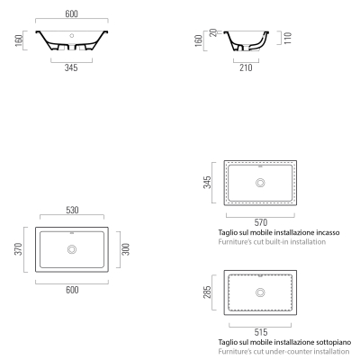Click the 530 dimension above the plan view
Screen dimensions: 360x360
pyautogui.click(x=72, y=210)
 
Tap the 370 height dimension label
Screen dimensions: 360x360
pyautogui.click(x=18, y=249)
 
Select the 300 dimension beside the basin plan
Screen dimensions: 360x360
pyautogui.click(x=126, y=249)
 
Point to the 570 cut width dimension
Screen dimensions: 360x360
pyautogui.click(x=261, y=222)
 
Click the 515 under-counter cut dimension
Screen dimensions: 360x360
pyautogui.click(x=261, y=332)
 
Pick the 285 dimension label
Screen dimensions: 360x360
pyautogui.click(x=207, y=292)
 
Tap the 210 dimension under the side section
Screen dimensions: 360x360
pyautogui.click(x=246, y=67)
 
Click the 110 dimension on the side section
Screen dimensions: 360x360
pyautogui.click(x=287, y=38)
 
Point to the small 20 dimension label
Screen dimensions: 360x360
pyautogui.click(x=213, y=32)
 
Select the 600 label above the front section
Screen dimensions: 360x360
pyautogui.click(x=72, y=13)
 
